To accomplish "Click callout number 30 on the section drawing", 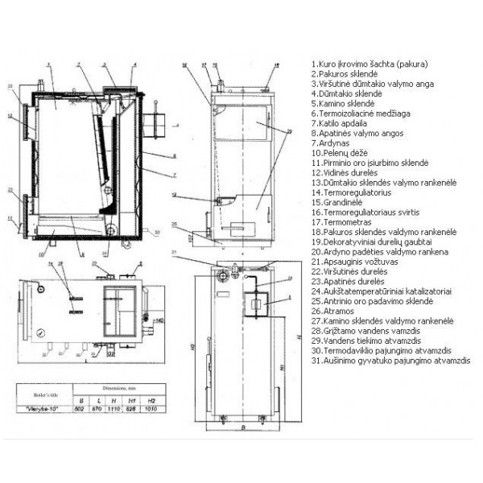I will pyautogui.click(x=156, y=232).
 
